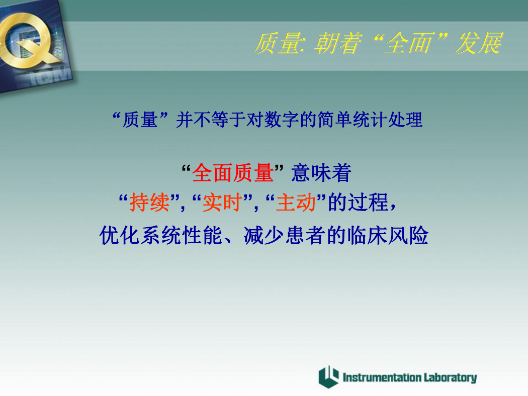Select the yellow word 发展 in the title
479,43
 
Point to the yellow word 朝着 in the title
338,43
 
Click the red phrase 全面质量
233,173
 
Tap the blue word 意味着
321,173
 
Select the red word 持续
149,203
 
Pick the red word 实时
222,203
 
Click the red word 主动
296,203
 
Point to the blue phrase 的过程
358,203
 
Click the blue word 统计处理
387,120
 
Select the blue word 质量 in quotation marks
140,120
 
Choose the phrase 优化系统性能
161,235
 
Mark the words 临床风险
388,235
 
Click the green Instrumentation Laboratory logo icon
329,377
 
